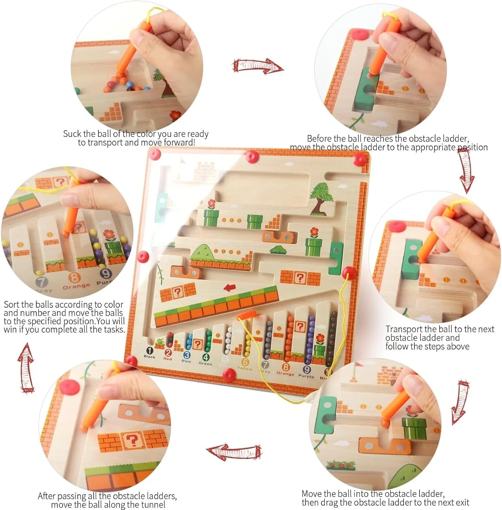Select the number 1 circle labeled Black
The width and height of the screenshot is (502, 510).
pyautogui.click(x=149, y=350)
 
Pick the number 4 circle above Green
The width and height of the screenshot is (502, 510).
pyautogui.click(x=205, y=357)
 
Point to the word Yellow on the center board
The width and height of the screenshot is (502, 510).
pyautogui.click(x=244, y=369)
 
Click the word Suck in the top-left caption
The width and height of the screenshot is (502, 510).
pyautogui.click(x=72, y=134)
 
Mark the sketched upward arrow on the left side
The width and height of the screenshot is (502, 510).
pyautogui.click(x=26, y=367)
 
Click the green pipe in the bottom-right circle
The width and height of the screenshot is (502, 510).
pyautogui.click(x=414, y=428)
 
